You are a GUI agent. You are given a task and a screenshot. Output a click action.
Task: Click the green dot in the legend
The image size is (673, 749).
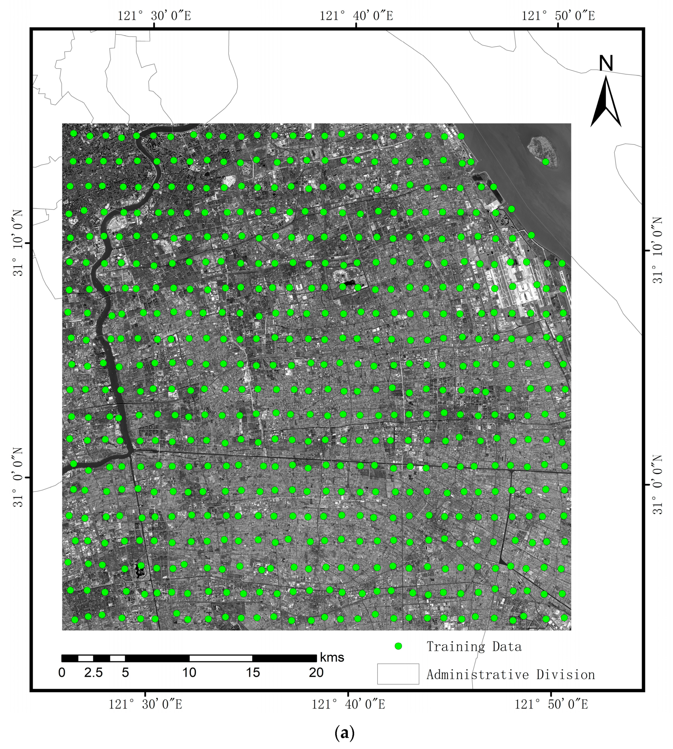[x=398, y=646]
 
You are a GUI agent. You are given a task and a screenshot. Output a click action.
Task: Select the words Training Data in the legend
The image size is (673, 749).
[x=474, y=647]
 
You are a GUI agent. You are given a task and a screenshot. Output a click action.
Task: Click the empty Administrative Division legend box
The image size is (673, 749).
[x=398, y=674]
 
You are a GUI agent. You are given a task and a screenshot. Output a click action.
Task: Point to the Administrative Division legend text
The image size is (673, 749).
[x=511, y=675]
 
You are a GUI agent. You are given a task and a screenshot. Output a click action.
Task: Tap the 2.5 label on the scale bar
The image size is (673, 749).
[x=93, y=672]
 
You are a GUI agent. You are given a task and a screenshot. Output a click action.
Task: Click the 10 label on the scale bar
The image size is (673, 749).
[x=189, y=672]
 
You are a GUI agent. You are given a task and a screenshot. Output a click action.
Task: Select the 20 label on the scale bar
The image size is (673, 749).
[x=316, y=672]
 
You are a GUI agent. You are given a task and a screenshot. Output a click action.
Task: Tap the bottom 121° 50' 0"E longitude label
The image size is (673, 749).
[x=551, y=704]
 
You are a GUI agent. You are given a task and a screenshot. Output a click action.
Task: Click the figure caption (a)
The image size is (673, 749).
[x=344, y=733]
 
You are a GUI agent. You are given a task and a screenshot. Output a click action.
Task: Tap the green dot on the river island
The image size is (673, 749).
[x=545, y=162]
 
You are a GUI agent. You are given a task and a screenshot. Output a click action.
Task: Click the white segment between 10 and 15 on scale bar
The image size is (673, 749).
[x=221, y=658]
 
